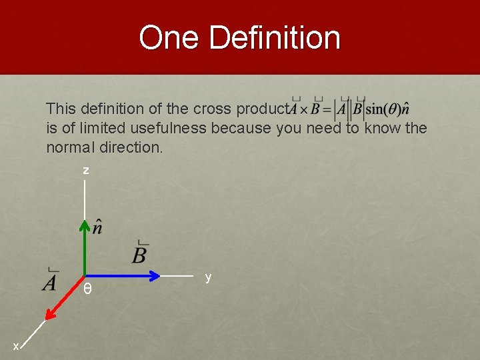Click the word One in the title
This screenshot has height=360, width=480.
coord(170,38)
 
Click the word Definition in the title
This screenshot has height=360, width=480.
coord(274,38)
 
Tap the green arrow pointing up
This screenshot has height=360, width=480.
coord(85,247)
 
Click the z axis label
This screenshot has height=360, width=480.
coord(85,171)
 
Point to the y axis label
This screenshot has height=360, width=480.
coord(208,277)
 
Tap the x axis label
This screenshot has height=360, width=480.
coord(16,346)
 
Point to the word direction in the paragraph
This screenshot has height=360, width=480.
coord(130,147)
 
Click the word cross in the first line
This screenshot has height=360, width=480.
coord(213,109)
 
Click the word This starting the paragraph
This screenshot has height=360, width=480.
coord(61,109)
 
